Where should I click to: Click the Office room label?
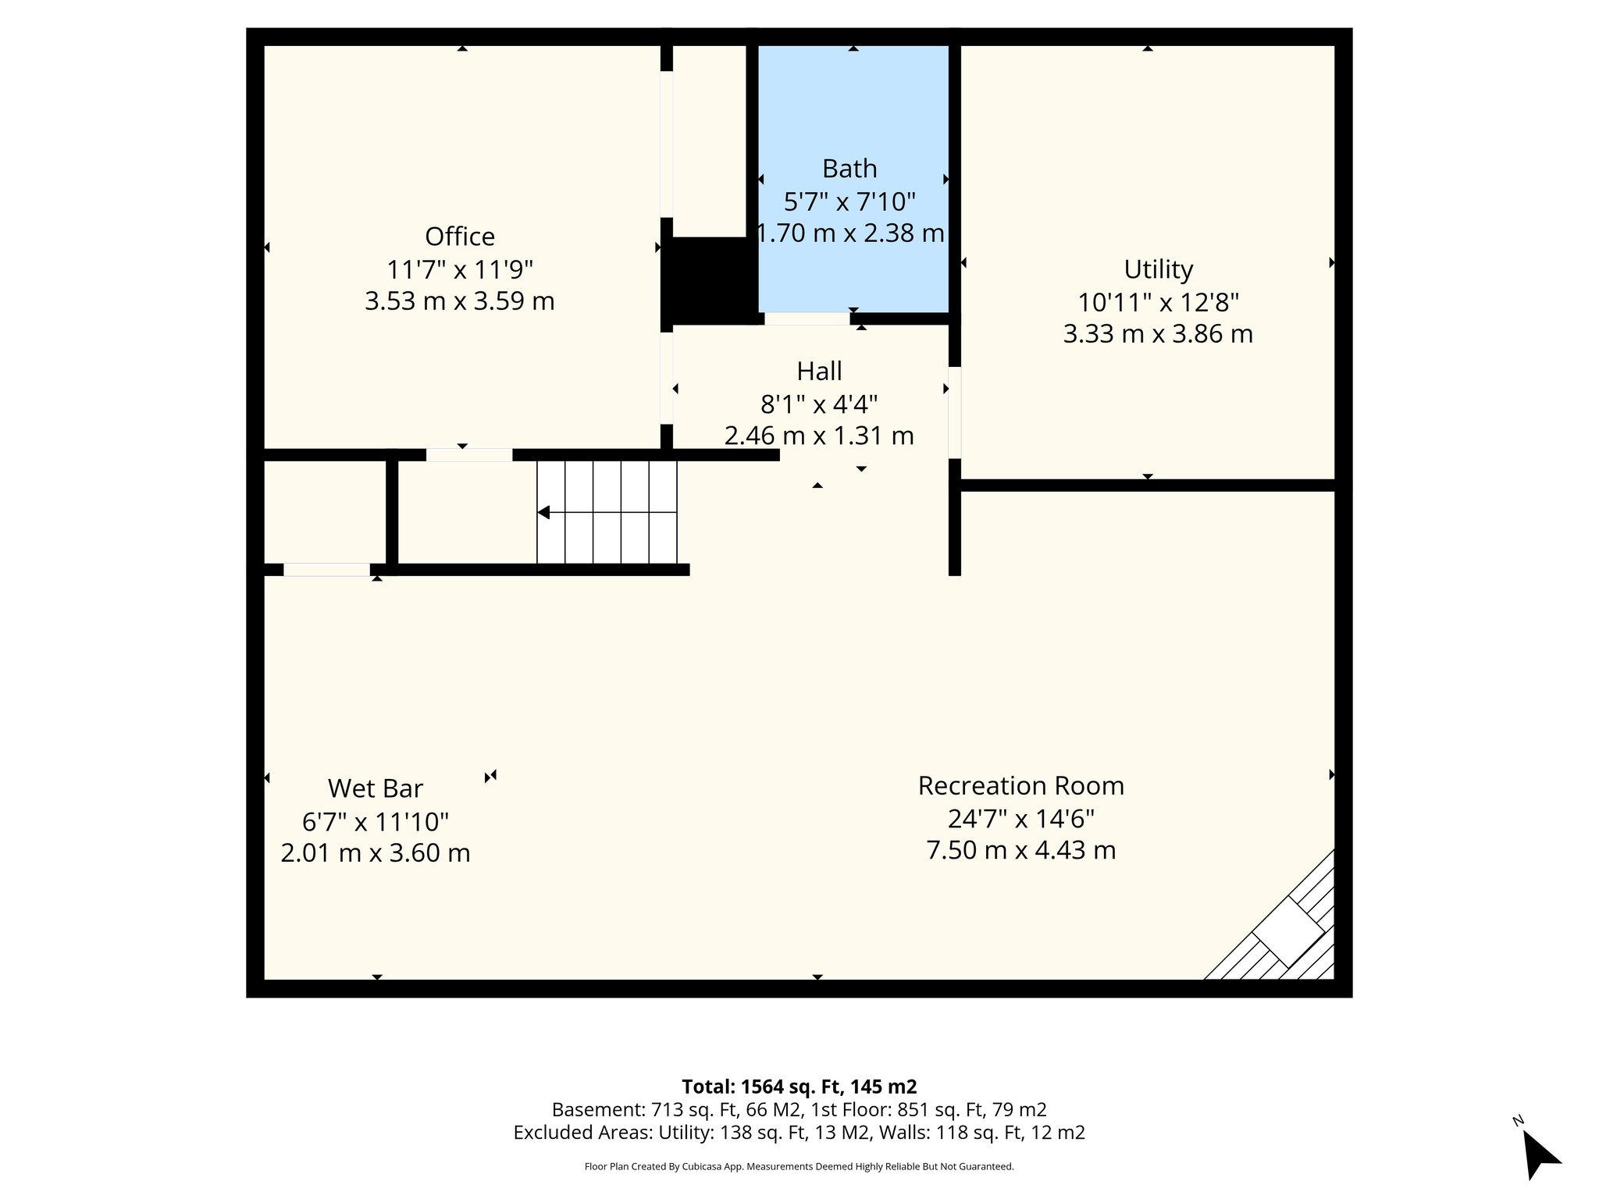click(x=459, y=237)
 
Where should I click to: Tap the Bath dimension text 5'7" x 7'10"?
click(x=849, y=202)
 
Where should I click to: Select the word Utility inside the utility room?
click(x=1158, y=269)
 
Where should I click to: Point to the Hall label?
click(x=819, y=371)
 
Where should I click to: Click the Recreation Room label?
click(x=1020, y=785)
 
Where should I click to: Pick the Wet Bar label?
click(x=375, y=788)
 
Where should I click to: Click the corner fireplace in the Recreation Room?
click(x=1288, y=931)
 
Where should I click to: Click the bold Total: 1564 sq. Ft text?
click(x=799, y=1087)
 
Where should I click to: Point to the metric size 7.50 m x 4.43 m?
click(x=1020, y=850)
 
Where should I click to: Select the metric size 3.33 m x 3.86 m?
click(x=1158, y=334)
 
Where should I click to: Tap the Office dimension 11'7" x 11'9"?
click(x=459, y=270)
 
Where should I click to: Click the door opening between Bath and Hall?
click(x=807, y=318)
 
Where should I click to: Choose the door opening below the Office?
click(x=468, y=455)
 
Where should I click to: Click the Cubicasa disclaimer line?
click(x=799, y=1167)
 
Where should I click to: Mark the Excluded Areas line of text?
click(x=799, y=1133)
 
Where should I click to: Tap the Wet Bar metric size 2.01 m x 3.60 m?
click(x=375, y=853)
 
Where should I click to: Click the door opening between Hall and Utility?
click(x=954, y=412)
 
